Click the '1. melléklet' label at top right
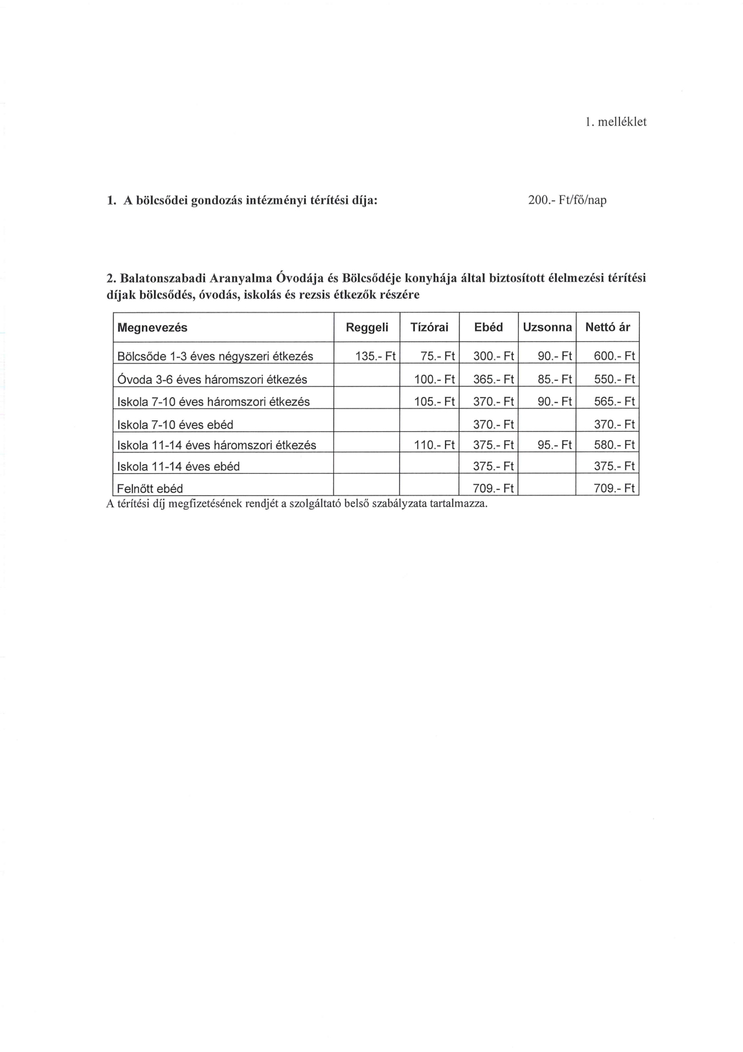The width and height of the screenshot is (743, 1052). (x=616, y=122)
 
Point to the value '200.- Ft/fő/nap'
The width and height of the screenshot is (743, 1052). (x=567, y=200)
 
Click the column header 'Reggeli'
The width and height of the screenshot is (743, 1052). (x=367, y=327)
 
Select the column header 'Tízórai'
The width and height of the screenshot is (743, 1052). (x=429, y=327)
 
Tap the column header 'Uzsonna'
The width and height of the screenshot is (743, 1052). (x=547, y=327)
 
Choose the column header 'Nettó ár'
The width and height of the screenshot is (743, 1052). (x=607, y=327)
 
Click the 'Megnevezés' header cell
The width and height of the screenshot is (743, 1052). (x=152, y=327)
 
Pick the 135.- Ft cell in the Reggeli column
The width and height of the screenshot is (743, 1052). (x=375, y=356)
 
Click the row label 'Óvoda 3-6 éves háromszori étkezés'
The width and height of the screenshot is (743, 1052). (x=212, y=380)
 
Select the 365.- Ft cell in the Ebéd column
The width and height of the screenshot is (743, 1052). (x=494, y=380)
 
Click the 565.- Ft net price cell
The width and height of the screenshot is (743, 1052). (x=613, y=402)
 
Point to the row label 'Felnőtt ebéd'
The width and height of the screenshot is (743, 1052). (x=150, y=489)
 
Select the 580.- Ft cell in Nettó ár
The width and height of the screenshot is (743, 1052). (x=613, y=445)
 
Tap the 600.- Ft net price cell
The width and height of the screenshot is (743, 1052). (x=613, y=356)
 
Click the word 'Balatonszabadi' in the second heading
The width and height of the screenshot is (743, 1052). (x=160, y=278)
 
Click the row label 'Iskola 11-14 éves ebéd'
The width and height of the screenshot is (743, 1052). (x=178, y=467)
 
